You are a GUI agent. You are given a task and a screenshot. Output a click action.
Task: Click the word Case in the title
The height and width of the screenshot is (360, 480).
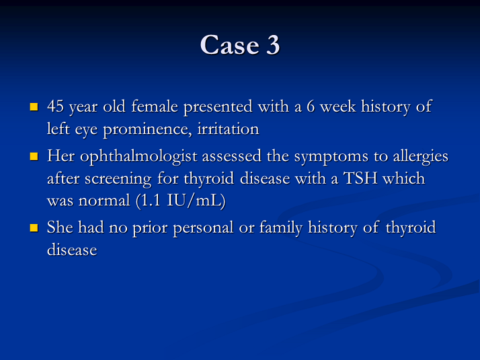click(x=230, y=44)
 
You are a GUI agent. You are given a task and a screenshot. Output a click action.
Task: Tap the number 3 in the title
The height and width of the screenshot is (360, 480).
click(x=273, y=44)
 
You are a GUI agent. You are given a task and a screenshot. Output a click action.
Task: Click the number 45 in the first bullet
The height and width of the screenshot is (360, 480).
click(x=55, y=106)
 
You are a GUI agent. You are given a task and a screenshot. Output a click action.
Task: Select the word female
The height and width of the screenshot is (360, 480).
click(x=155, y=106)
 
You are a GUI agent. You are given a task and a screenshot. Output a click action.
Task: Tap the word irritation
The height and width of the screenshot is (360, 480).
click(x=228, y=129)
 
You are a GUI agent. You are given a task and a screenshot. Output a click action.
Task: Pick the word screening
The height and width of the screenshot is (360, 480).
click(x=118, y=179)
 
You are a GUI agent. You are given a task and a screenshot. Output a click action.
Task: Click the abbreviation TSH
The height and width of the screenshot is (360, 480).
click(x=360, y=178)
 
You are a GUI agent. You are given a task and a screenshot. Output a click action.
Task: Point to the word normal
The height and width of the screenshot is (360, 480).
click(x=104, y=201)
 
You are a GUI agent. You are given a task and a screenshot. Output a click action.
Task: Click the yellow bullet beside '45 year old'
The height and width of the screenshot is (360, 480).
click(x=34, y=106)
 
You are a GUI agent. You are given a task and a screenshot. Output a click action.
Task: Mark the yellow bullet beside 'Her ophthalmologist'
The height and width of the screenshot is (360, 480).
click(x=34, y=157)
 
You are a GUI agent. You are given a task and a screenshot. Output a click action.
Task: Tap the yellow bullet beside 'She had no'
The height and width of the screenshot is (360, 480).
click(x=34, y=228)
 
